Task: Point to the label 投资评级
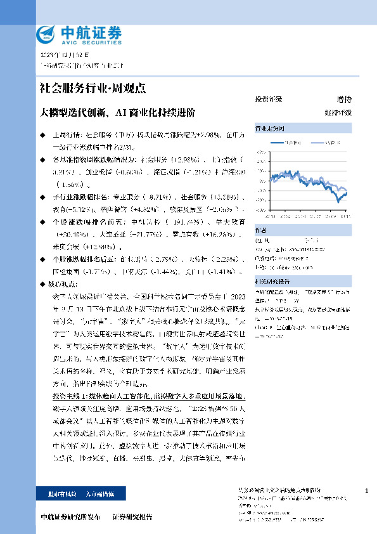click(268, 100)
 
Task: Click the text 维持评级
click(338, 112)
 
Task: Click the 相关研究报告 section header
click(272, 282)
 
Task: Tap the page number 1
click(367, 491)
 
